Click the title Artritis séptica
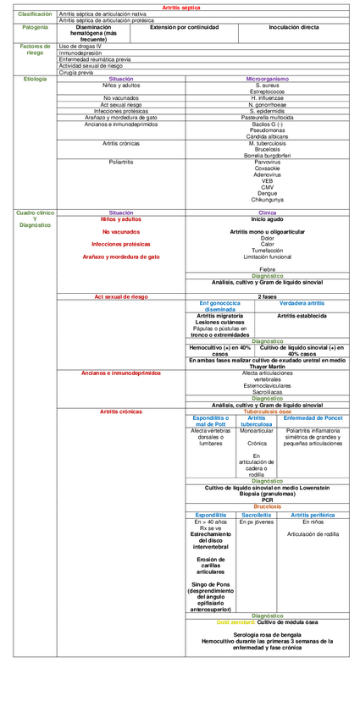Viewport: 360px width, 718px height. [x=180, y=7]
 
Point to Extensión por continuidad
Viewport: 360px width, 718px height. [x=184, y=27]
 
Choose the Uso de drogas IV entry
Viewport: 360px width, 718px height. [x=80, y=47]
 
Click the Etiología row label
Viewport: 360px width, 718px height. [x=29, y=79]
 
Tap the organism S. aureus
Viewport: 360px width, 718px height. [x=267, y=86]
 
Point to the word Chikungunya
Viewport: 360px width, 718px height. [x=267, y=199]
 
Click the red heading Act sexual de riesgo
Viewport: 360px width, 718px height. [x=121, y=297]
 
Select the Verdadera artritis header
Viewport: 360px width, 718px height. [x=302, y=302]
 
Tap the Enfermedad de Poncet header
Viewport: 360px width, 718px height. [x=313, y=418]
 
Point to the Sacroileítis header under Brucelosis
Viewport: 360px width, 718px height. [x=256, y=514]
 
